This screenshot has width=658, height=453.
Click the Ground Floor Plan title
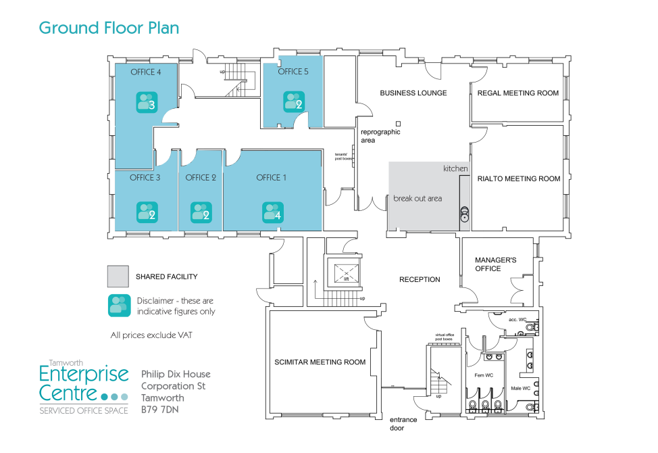pos(108,28)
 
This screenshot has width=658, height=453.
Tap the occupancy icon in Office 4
pos(147,103)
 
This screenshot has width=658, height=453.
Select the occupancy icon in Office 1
pos(273,213)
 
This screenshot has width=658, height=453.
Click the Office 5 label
pos(293,72)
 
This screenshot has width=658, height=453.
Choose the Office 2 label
pos(201,178)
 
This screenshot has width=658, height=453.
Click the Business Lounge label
pos(413,93)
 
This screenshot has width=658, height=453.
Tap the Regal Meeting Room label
pos(517,93)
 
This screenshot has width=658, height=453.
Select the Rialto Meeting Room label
pos(519,179)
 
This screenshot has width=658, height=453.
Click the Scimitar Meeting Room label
pos(320,362)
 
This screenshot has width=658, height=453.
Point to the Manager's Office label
pos(495,264)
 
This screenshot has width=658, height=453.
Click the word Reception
pos(419,279)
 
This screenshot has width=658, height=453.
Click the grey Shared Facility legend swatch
pos(117,277)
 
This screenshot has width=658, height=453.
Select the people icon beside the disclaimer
pos(119,306)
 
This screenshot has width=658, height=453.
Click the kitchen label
pos(455,168)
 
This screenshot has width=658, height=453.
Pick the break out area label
pos(417,199)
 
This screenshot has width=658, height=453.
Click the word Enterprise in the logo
pos(83,374)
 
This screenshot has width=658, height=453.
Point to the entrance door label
pos(403,424)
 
